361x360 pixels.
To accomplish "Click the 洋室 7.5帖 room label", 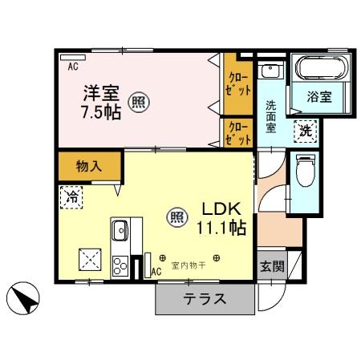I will tap(102, 100).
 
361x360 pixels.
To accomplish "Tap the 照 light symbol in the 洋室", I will tap(138, 102).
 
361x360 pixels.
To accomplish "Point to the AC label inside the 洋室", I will tap(73, 66).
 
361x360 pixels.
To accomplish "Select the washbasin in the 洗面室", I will tap(271, 71).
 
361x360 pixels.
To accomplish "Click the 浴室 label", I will tap(319, 96).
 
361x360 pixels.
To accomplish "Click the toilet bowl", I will tap(305, 171).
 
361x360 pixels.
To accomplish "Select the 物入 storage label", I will tap(89, 167).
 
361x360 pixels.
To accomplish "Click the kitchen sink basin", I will tap(120, 231).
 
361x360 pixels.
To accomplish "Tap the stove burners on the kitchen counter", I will tap(120, 264).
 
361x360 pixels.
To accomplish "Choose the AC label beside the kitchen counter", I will tap(156, 272).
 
